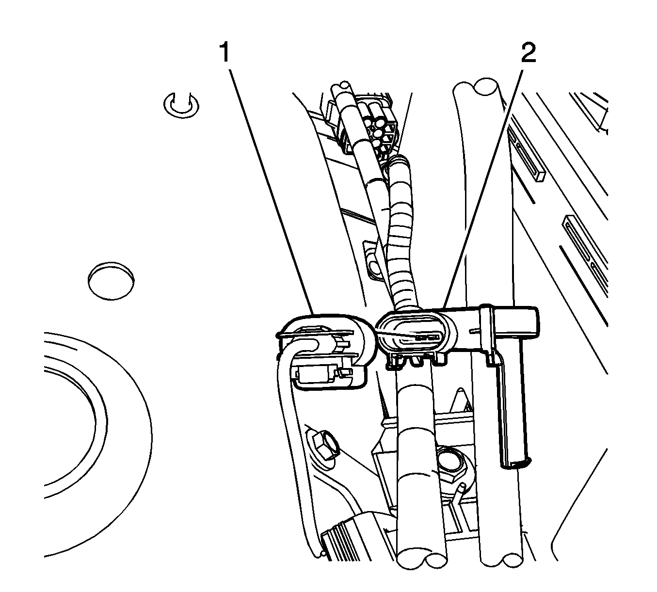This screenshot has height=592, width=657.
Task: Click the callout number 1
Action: [x=224, y=52]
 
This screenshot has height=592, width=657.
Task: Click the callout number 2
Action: [x=528, y=52]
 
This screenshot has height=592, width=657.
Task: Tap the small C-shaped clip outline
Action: [x=181, y=105]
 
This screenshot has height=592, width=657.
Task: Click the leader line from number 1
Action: [x=272, y=189]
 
